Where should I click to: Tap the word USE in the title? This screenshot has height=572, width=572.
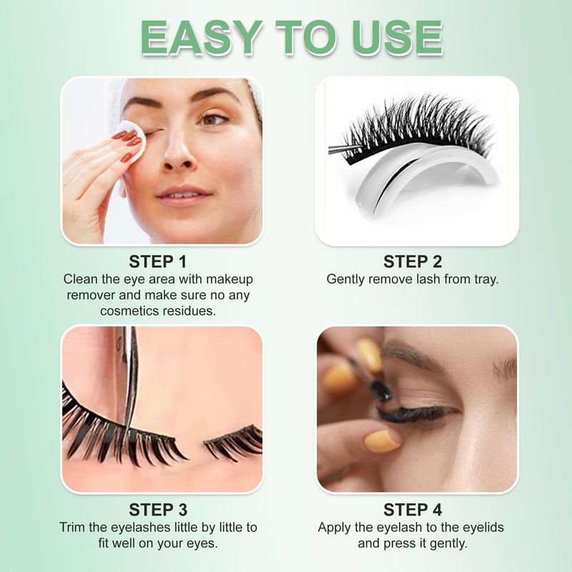[398, 38]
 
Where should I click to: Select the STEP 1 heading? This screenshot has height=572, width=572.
[157, 262]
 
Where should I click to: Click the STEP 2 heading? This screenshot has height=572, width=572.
[413, 262]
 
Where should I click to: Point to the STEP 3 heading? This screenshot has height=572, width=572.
[158, 510]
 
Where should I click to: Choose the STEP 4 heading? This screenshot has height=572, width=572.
[413, 510]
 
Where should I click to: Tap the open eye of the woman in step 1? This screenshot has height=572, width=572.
[214, 119]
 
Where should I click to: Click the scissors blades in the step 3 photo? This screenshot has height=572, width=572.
[129, 376]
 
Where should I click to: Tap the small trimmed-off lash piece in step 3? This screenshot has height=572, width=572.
[234, 443]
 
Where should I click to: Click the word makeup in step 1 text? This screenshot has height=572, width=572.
[230, 280]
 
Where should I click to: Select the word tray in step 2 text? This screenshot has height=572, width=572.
[486, 280]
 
